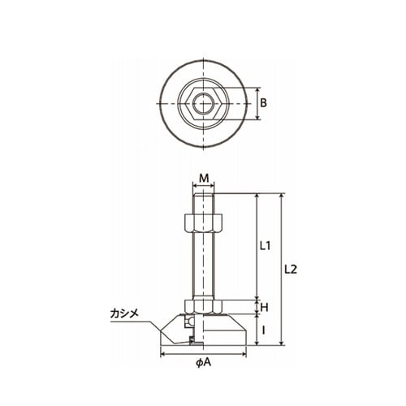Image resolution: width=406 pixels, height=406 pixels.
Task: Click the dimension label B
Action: pyautogui.click(x=263, y=103)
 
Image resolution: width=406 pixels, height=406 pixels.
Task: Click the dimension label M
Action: pyautogui.click(x=205, y=178)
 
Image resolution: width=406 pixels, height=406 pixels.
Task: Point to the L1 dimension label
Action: pyautogui.click(x=266, y=246)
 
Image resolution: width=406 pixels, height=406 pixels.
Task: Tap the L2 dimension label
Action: pyautogui.click(x=291, y=270)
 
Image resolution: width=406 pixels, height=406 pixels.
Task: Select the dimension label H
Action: pyautogui.click(x=264, y=307)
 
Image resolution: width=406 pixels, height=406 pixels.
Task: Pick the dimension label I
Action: pyautogui.click(x=264, y=330)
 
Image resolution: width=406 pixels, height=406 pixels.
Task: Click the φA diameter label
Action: pyautogui.click(x=204, y=362)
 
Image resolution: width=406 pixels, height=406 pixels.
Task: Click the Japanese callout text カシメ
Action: pyautogui.click(x=124, y=313)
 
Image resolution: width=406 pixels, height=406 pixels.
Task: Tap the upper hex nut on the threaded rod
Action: pyautogui.click(x=203, y=223)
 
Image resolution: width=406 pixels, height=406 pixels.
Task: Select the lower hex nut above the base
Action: pyautogui.click(x=203, y=307)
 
